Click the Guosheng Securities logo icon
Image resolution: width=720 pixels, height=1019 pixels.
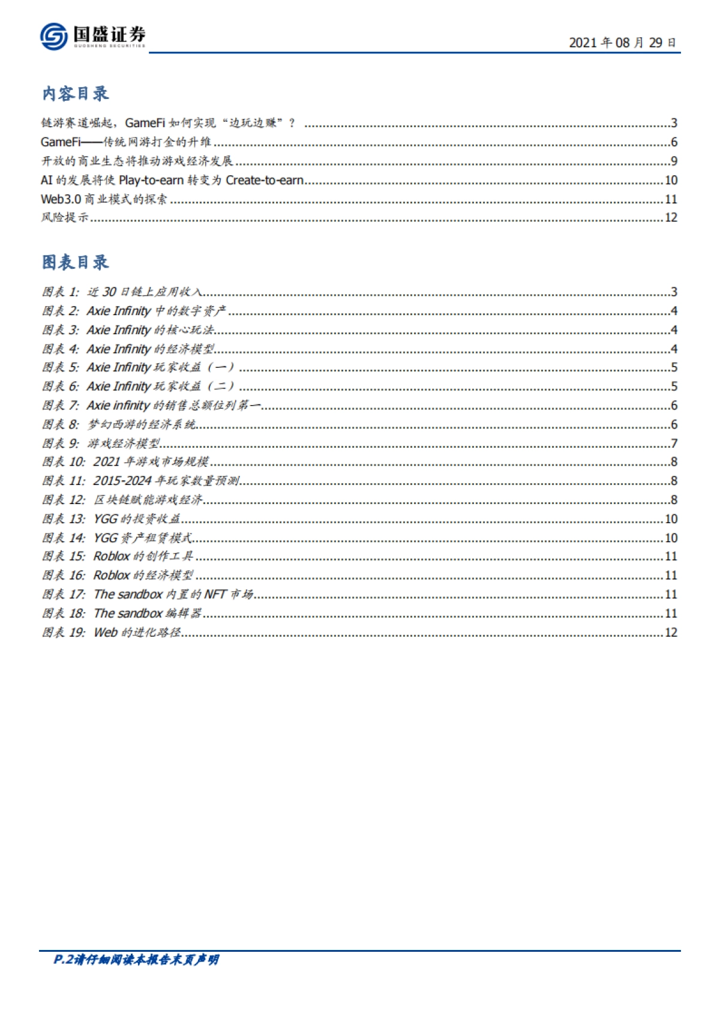[x=53, y=37]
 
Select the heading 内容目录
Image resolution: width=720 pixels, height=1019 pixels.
[x=75, y=94]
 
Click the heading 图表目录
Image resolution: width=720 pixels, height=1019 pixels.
[x=75, y=262]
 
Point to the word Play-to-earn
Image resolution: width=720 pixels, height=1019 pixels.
[x=151, y=180]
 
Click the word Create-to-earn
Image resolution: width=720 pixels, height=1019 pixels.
[x=265, y=180]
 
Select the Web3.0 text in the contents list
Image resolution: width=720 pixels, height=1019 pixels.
[x=61, y=199]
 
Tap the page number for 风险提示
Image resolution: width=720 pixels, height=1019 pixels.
[x=671, y=218]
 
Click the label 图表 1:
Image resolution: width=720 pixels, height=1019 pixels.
[x=60, y=292]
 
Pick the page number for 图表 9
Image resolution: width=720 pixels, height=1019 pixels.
[x=674, y=443]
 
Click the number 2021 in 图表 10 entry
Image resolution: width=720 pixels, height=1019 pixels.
[x=107, y=462]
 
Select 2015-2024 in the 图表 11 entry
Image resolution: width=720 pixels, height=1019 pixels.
[x=122, y=481]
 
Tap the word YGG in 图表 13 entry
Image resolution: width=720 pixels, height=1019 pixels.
[x=106, y=519]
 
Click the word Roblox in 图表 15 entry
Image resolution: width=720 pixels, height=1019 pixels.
[x=112, y=557]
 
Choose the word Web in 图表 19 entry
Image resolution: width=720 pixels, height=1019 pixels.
[x=106, y=633]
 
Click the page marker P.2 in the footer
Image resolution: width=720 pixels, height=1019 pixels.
[x=62, y=960]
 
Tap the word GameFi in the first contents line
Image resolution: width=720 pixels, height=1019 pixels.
[x=145, y=123]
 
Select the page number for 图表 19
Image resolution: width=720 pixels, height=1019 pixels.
[x=671, y=633]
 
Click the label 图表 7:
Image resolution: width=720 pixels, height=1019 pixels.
[x=60, y=406]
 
